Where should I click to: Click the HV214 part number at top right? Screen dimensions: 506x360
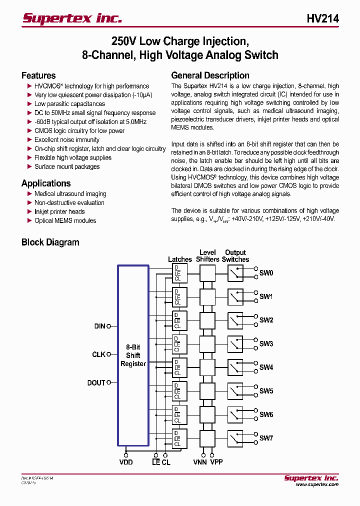tap(322, 18)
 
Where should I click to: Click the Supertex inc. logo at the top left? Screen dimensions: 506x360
tap(72, 18)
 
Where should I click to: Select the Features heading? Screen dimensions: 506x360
tap(38, 75)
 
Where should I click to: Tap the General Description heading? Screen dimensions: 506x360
tap(210, 75)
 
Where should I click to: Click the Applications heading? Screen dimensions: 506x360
tap(46, 183)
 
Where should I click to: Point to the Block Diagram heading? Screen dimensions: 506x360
tap(50, 242)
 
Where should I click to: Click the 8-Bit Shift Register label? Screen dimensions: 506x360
tap(133, 355)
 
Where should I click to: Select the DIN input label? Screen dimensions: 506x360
tap(99, 326)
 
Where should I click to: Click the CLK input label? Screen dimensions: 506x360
tap(98, 354)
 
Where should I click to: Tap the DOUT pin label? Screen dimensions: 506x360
tap(96, 383)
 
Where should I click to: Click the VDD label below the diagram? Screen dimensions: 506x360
tap(126, 462)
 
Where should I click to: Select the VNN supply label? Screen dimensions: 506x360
tap(200, 462)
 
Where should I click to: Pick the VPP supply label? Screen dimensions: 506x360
tap(216, 462)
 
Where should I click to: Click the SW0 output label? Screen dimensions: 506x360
tap(266, 273)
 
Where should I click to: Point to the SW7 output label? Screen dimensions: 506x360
tap(266, 438)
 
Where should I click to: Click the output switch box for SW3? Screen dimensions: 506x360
tap(235, 344)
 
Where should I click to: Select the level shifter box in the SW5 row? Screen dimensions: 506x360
tap(207, 391)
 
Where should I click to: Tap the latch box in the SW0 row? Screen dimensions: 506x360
tap(179, 273)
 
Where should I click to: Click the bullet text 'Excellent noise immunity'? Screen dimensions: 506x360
tap(67, 140)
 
